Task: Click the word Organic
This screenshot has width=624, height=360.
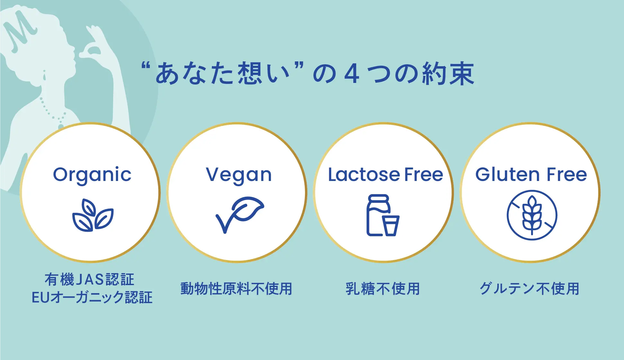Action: coord(92,175)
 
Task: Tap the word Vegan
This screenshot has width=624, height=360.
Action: coord(239,175)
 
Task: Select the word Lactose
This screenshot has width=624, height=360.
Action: coord(364,175)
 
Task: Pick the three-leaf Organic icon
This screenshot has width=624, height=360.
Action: coord(93,215)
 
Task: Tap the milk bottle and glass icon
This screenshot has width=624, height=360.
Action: coord(383,215)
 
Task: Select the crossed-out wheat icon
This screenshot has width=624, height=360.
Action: coord(532,215)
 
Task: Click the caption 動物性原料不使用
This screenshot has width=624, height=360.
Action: coord(236,289)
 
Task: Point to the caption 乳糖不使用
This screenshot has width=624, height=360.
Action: coord(383,289)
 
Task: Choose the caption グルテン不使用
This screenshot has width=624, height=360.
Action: coord(529,289)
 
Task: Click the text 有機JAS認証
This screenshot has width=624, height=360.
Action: coord(89,279)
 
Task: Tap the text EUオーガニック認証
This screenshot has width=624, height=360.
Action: coord(92,297)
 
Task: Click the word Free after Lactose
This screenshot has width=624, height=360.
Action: coord(424,175)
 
